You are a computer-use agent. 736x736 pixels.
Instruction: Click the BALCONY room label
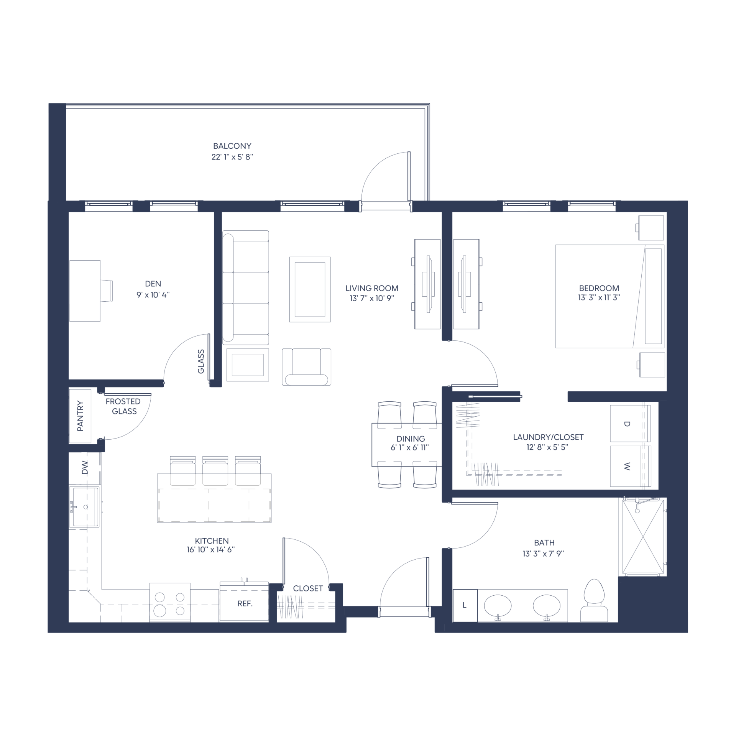232,146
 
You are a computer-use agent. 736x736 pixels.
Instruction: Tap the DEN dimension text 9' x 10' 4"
153,295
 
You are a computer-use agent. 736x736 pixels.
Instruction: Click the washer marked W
630,466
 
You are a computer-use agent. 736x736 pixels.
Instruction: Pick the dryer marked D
630,424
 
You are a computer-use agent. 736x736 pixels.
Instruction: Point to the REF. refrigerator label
245,604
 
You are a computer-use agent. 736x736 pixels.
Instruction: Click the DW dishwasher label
85,468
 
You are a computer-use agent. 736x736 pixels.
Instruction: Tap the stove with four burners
170,602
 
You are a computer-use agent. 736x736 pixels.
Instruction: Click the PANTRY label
80,416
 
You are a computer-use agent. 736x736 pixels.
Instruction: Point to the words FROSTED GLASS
123,406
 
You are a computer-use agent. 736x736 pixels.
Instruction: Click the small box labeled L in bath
465,606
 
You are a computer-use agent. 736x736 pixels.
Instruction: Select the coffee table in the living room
310,289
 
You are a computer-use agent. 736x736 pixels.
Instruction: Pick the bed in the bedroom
609,296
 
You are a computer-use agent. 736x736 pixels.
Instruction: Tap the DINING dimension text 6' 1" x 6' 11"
410,447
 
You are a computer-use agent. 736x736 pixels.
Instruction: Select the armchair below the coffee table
306,367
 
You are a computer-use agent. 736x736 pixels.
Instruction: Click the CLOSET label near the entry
308,588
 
